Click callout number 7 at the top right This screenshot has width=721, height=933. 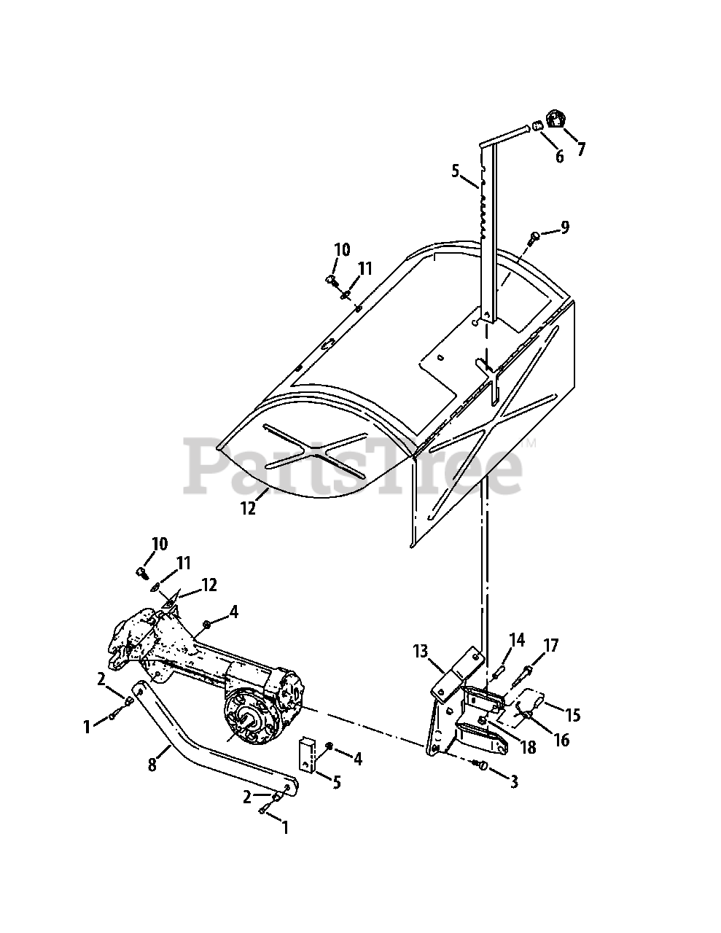click(581, 149)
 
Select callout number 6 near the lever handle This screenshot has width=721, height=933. click(559, 156)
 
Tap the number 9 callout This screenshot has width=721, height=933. click(564, 228)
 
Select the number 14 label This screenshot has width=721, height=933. click(517, 641)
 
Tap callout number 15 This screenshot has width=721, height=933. click(572, 715)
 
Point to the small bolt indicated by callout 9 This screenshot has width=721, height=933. click(536, 235)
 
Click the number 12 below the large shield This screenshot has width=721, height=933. click(249, 509)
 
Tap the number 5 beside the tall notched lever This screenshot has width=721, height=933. click(455, 172)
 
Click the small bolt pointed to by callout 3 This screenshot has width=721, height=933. click(480, 763)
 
